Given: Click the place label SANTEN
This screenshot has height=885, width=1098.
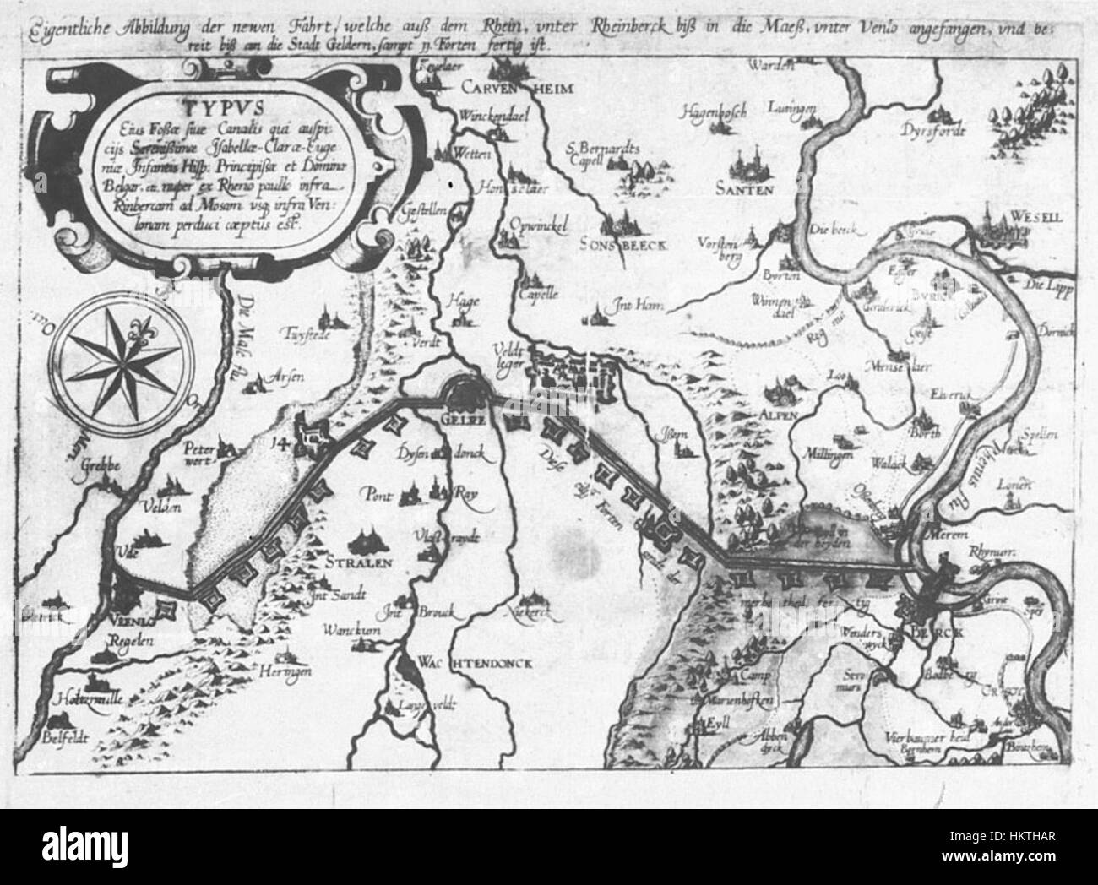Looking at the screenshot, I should click(743, 190).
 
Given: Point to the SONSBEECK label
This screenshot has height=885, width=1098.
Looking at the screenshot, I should click(624, 243).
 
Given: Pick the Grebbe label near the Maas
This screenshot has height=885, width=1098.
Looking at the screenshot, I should click(103, 464).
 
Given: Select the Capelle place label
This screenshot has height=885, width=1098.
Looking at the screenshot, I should click(541, 295).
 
